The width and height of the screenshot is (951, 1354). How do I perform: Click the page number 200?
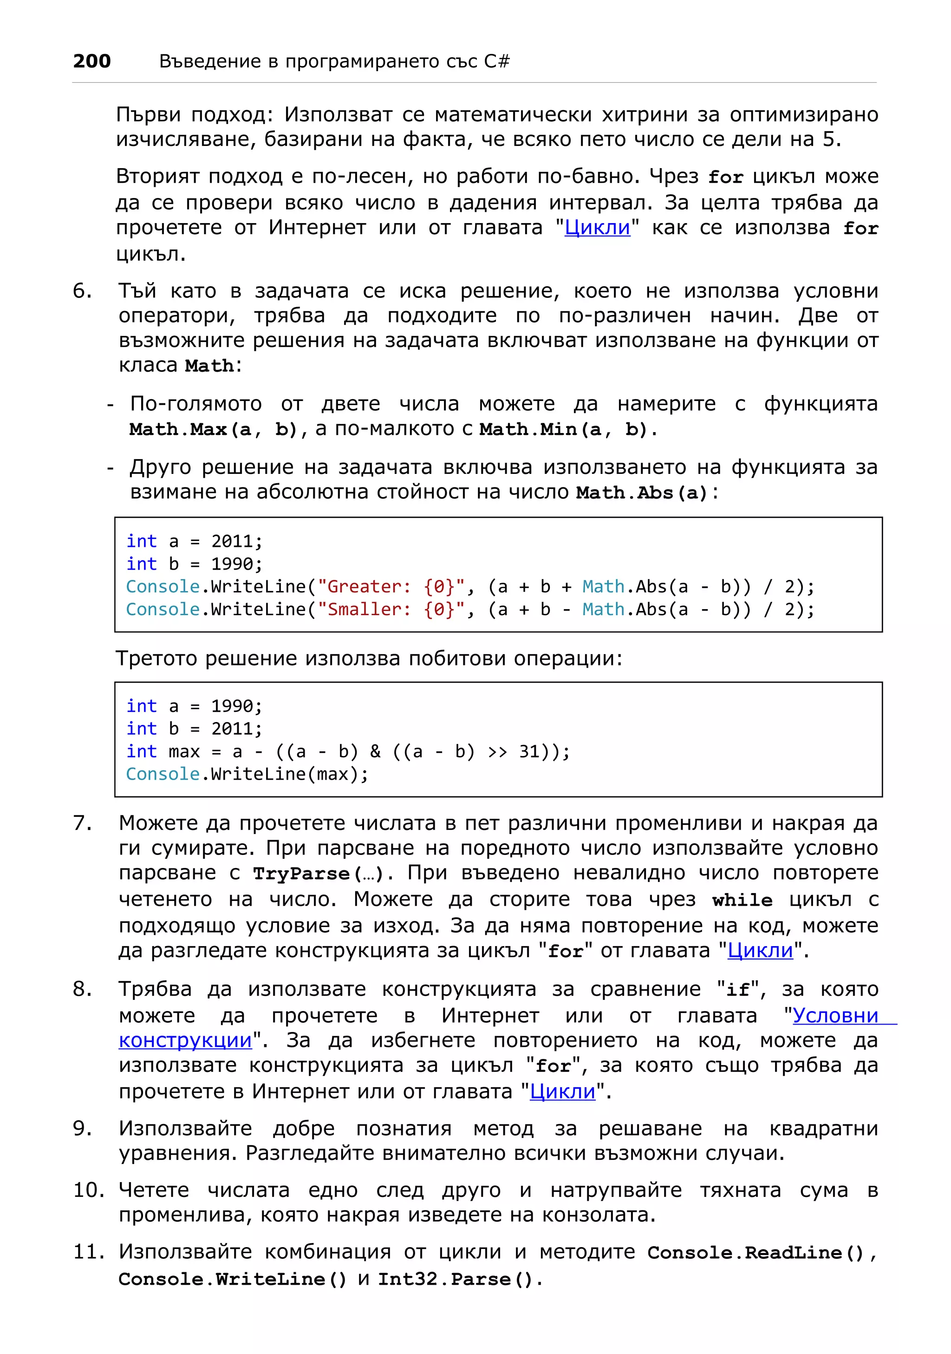click(92, 61)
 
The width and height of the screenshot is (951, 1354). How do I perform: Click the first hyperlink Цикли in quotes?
click(597, 228)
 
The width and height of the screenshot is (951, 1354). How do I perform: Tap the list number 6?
click(82, 291)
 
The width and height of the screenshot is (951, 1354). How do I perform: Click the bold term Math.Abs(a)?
click(641, 493)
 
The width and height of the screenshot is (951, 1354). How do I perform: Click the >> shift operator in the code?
click(497, 751)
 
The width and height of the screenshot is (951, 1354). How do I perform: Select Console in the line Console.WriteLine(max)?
click(163, 774)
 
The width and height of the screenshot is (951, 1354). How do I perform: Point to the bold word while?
click(742, 900)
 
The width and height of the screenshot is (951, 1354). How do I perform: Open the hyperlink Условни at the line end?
click(835, 1016)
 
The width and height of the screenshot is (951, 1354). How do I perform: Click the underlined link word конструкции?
click(185, 1040)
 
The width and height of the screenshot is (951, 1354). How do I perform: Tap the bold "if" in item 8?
click(738, 990)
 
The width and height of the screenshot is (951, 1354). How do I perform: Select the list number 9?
click(82, 1128)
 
